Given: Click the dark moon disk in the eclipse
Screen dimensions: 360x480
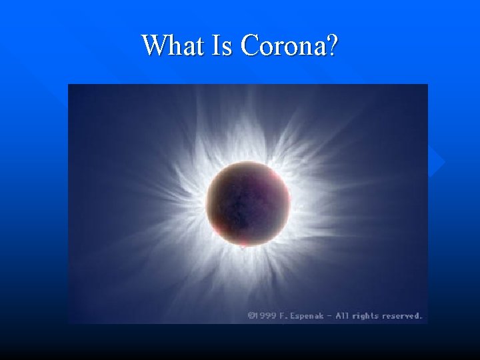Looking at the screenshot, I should [247, 200].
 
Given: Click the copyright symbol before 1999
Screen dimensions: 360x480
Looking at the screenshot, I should [251, 315].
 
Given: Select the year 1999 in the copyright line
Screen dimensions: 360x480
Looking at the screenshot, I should [265, 315].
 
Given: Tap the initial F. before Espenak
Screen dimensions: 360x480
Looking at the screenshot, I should [285, 315].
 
